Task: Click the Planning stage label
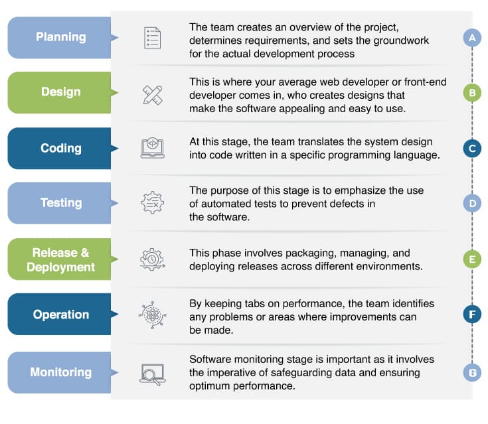tap(60, 37)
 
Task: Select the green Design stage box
tap(60, 92)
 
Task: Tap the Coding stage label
tap(60, 148)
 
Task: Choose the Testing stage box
tap(60, 203)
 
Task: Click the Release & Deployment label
tap(60, 259)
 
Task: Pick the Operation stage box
tap(60, 314)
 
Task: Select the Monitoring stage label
tap(60, 372)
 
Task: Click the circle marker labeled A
tap(472, 38)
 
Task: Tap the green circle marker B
tap(472, 93)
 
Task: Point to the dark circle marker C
tap(472, 148)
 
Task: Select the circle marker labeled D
tap(472, 203)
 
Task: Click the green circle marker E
tap(472, 259)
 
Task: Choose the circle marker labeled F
tap(472, 314)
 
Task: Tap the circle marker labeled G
tap(472, 373)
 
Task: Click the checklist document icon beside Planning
tap(152, 38)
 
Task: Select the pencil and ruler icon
tap(152, 95)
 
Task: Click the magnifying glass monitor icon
tap(152, 374)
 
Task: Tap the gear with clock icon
tap(152, 259)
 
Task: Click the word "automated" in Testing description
tap(230, 204)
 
